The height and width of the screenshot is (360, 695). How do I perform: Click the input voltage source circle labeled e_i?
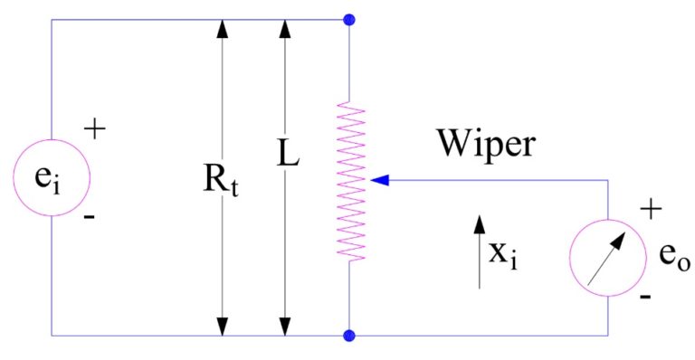tap(51, 178)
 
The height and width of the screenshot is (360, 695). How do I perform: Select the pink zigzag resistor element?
tap(349, 181)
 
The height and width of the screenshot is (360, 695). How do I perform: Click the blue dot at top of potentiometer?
tap(349, 19)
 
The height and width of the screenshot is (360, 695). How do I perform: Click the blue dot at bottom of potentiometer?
tap(349, 336)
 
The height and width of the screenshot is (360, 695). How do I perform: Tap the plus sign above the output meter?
tap(648, 210)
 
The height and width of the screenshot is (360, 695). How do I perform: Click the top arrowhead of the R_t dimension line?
tap(220, 29)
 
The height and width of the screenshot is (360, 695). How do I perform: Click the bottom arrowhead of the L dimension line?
tap(286, 326)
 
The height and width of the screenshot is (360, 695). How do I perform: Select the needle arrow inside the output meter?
tap(606, 257)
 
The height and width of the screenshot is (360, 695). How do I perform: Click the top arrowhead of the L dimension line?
tap(286, 29)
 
